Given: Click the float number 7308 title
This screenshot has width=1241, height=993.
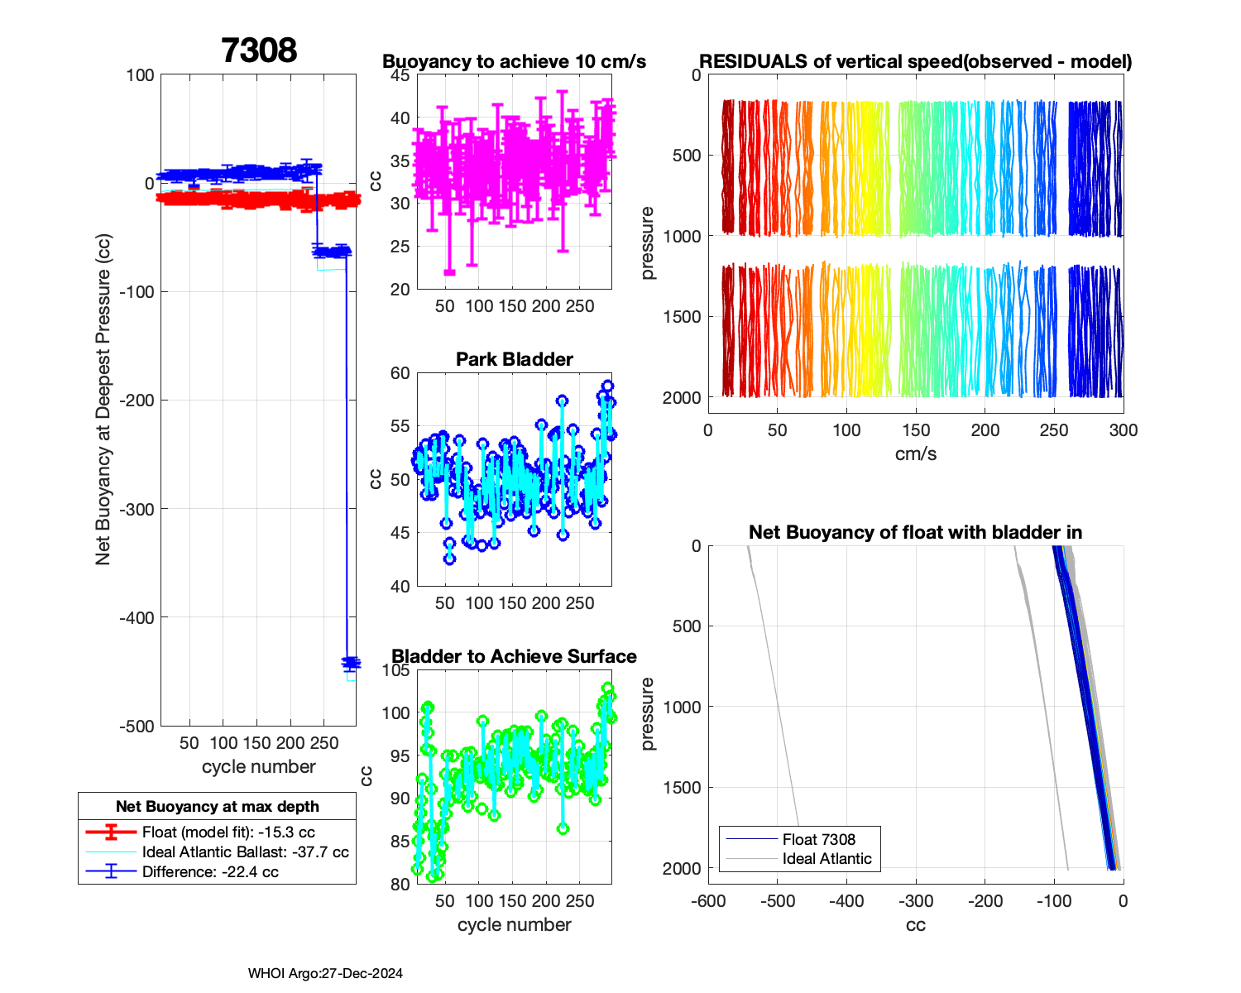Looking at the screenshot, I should tap(259, 50).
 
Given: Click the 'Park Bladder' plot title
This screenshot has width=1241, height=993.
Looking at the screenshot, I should tap(515, 359).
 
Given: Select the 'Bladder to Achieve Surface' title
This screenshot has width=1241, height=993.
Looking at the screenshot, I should tap(515, 656).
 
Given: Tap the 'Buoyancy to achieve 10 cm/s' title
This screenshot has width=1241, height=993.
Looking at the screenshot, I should tap(515, 62).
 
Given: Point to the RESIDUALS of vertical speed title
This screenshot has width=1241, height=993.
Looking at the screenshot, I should tap(916, 62).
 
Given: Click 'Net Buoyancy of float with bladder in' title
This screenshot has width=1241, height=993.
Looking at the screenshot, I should tap(916, 532).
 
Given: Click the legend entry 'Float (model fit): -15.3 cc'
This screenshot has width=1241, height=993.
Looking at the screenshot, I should tap(228, 832).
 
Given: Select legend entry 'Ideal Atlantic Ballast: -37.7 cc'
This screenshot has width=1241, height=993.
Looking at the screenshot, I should tap(245, 852).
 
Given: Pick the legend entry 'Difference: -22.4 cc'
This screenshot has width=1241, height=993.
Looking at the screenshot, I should tap(210, 872).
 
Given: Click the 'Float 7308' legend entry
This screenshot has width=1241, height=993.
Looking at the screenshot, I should tap(818, 839).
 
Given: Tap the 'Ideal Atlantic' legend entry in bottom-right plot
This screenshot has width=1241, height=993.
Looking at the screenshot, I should tap(827, 859).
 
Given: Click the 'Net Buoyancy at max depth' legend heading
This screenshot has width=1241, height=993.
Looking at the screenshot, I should tap(217, 806).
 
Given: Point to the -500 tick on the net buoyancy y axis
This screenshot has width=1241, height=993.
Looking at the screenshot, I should tap(138, 727).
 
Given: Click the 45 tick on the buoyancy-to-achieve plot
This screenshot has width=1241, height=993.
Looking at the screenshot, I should tap(400, 75).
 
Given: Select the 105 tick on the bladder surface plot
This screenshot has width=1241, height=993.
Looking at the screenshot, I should tap(396, 670).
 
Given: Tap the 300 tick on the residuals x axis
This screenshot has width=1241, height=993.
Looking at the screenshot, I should tap(1124, 430).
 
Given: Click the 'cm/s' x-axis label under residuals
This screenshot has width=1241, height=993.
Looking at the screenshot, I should tap(916, 454).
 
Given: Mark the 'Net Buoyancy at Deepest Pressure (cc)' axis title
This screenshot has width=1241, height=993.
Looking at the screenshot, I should tap(103, 400).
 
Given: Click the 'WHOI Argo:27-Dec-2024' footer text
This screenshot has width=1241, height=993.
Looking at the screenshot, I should tap(325, 974).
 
